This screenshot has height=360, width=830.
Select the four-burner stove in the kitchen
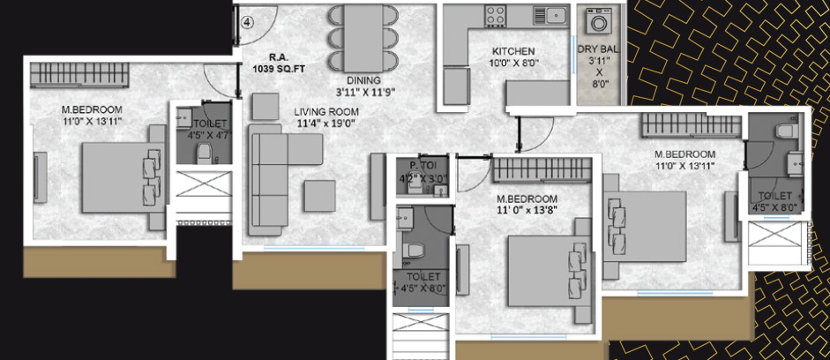[x=496, y=15]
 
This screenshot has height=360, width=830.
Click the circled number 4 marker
[x=248, y=23]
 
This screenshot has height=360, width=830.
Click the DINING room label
[x=363, y=80]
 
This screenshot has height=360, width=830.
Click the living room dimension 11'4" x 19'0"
[x=326, y=124]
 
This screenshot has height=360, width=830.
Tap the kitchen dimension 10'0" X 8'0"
[x=515, y=64]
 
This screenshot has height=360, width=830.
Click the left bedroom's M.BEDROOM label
[x=92, y=109]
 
